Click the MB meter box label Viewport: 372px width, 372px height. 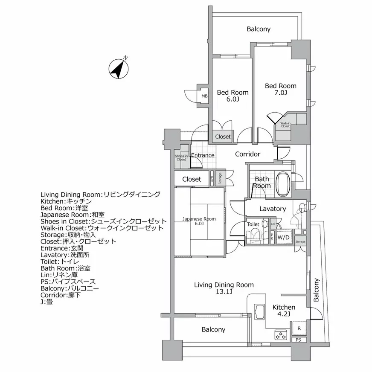tap(204, 96)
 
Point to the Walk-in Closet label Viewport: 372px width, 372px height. tap(285, 125)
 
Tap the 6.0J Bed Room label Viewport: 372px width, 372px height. tap(232, 96)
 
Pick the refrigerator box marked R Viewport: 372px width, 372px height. tap(299, 328)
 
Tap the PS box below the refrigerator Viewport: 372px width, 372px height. tap(298, 340)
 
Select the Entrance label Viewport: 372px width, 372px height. tap(203, 155)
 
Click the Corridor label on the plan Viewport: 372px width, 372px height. tap(247, 154)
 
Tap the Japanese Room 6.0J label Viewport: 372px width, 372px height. tap(199, 221)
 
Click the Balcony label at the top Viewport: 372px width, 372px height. tap(259, 29)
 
